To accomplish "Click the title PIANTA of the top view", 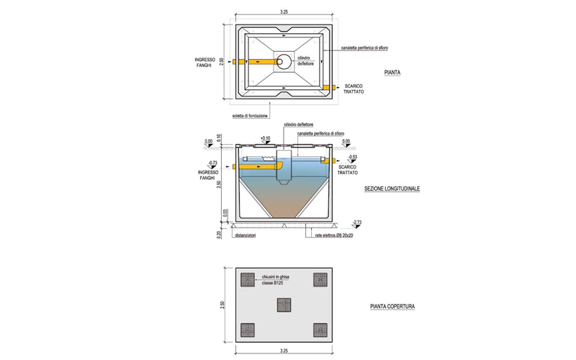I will (x=392, y=73).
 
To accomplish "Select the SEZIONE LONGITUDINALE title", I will (x=392, y=189).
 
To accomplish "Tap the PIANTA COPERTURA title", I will (x=392, y=306).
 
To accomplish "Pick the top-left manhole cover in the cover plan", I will (x=250, y=279).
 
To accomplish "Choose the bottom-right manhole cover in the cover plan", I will (x=320, y=330).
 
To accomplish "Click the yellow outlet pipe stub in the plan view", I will (x=327, y=87).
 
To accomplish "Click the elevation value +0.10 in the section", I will (x=265, y=138).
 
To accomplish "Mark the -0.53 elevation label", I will (x=352, y=156).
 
